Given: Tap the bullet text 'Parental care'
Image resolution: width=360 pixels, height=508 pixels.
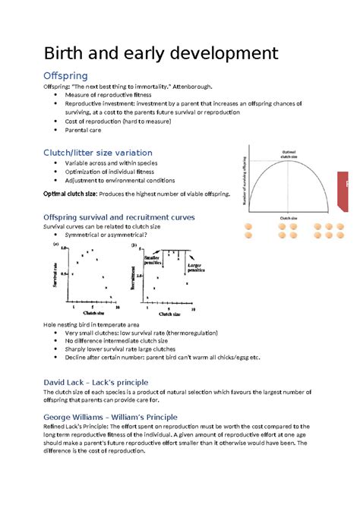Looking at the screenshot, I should [x=87, y=130].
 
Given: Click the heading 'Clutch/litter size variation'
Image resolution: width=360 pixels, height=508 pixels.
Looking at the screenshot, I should [x=97, y=153].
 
